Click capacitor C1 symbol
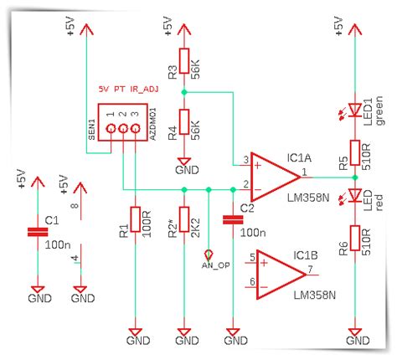(35, 231)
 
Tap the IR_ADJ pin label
(151, 87)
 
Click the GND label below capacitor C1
(35, 297)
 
